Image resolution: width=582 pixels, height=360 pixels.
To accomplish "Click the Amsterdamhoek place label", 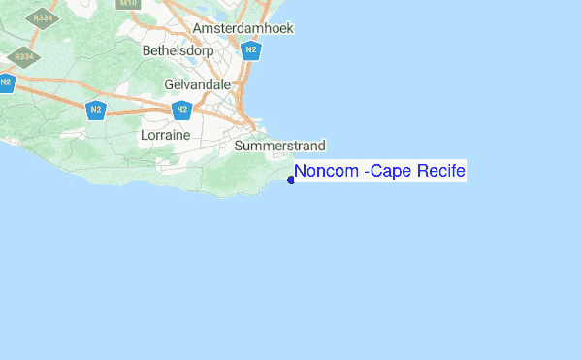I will (243, 29).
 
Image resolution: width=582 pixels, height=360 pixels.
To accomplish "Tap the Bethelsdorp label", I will (176, 49).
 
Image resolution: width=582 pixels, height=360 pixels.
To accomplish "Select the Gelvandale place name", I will (198, 84).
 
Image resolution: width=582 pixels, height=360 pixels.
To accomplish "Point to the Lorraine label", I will (165, 135).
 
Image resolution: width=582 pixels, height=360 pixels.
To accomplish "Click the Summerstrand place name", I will (280, 146).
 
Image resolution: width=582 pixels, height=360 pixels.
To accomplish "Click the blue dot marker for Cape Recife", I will (291, 179).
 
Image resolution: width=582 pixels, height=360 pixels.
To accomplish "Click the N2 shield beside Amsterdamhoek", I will (251, 50).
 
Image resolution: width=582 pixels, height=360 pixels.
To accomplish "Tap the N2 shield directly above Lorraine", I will (181, 110).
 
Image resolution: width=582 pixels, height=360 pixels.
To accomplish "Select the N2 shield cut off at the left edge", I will (5, 82).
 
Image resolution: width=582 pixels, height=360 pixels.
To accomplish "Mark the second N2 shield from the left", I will (95, 110).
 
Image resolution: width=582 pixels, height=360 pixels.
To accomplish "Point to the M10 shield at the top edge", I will (126, 3).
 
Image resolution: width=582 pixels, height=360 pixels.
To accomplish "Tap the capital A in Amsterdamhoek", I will (198, 29).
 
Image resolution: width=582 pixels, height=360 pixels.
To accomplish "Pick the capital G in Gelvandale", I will (169, 84).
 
